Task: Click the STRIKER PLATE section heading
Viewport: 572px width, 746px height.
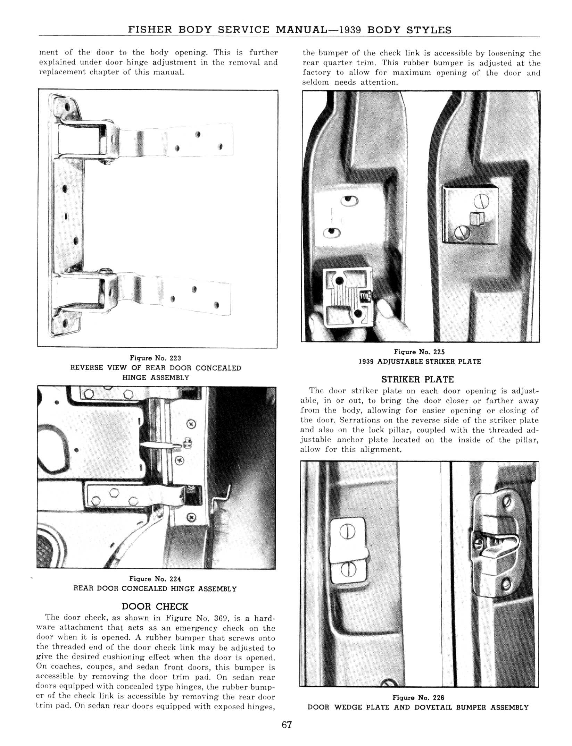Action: pos(417,379)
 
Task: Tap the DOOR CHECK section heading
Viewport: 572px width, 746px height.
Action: pos(155,607)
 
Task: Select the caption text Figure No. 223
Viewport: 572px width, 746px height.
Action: pos(155,358)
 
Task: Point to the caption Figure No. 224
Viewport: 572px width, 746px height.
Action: pos(155,579)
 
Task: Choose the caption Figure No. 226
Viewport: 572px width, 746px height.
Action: pos(418,697)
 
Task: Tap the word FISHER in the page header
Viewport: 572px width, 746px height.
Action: pos(150,30)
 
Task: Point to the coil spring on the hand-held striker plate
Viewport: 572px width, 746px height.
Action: pos(366,296)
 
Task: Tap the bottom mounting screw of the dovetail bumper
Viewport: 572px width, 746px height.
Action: pos(506,585)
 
